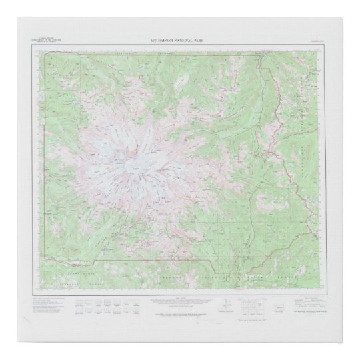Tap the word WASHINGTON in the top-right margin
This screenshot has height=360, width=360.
[314, 43]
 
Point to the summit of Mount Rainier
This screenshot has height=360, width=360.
[133, 163]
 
